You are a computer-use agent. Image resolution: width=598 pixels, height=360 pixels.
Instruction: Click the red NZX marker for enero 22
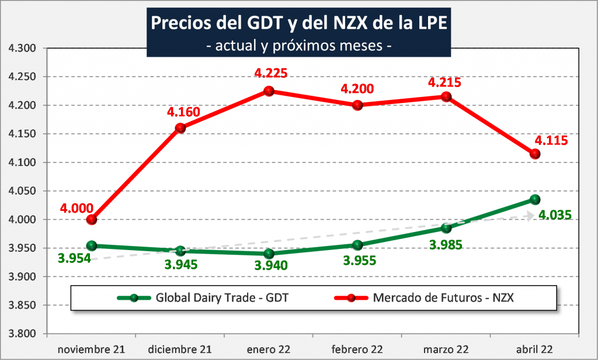[269, 91]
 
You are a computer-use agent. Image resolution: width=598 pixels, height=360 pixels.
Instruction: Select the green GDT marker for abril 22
[534, 200]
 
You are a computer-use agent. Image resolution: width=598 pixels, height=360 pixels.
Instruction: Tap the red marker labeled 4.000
[91, 220]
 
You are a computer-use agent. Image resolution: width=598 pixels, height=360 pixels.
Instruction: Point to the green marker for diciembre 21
[180, 251]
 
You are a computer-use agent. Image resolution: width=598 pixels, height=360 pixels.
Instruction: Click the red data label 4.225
[269, 74]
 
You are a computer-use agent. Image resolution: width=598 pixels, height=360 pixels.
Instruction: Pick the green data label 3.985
[446, 244]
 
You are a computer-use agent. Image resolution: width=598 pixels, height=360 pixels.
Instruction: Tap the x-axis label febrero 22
[357, 349]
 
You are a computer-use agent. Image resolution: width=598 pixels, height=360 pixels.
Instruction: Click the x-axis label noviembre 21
[91, 349]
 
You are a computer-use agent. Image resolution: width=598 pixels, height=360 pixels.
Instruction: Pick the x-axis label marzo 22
[446, 349]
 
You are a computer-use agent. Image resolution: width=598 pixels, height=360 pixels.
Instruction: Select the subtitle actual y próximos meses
[300, 46]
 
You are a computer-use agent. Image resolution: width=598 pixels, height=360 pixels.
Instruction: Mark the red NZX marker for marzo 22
[446, 97]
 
